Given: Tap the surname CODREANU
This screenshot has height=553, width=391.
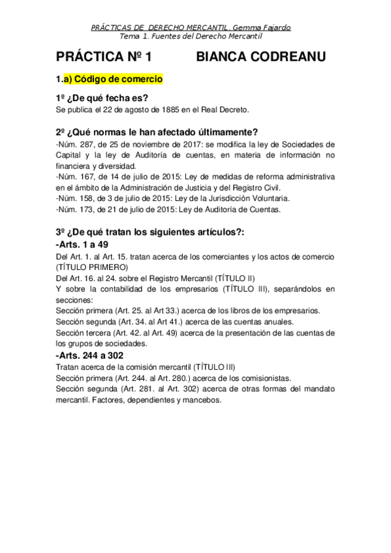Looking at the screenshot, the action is point(290,57).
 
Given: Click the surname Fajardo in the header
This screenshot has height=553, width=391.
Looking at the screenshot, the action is point(275,27).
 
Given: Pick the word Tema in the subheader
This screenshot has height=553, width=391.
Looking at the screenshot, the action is point(139,37).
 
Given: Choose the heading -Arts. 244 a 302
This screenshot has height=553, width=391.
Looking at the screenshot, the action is point(89,355).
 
